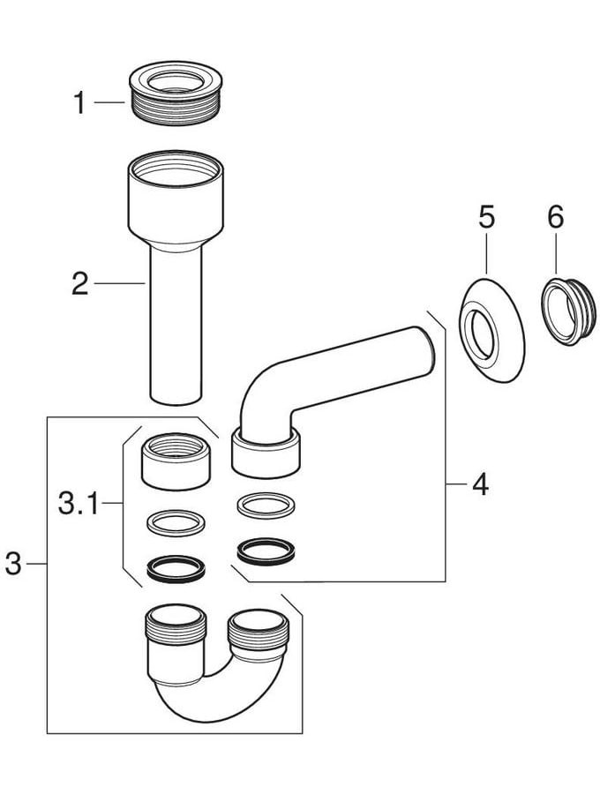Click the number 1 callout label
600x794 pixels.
79,103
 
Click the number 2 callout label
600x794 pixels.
80,284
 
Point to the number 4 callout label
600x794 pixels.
479,483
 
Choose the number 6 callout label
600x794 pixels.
555,217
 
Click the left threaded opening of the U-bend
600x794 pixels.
173,627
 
